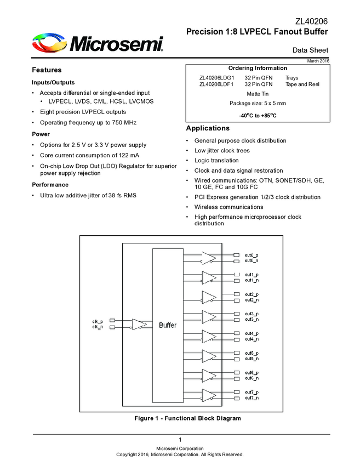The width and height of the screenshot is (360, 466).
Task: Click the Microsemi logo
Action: point(98,43)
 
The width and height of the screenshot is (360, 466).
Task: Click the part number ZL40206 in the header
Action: point(312,22)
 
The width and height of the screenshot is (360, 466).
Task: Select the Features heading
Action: point(47,70)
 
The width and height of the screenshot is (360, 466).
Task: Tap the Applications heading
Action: point(209,128)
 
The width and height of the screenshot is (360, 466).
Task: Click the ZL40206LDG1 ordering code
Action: point(216,78)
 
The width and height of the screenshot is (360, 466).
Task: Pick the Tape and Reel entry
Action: point(302,84)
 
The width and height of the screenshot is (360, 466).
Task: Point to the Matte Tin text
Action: point(258,94)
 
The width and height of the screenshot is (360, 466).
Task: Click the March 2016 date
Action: point(318,60)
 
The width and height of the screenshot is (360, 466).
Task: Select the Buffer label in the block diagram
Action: point(168,325)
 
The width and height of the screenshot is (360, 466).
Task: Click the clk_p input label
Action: point(97,321)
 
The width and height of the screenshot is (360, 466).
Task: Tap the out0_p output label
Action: point(252,255)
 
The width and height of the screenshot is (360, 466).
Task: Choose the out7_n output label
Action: point(252,397)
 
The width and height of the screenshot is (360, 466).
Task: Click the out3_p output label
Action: point(252,314)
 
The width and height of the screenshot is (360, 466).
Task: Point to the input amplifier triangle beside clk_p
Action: point(139,324)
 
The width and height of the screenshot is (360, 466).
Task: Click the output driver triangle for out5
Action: point(209,356)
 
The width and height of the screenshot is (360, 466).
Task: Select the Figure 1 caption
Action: point(187,418)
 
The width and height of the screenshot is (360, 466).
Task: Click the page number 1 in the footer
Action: point(180,440)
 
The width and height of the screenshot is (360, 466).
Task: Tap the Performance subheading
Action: point(50,185)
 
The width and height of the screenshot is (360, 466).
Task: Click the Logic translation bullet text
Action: point(216,161)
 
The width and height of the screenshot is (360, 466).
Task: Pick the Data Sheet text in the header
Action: point(310,50)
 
